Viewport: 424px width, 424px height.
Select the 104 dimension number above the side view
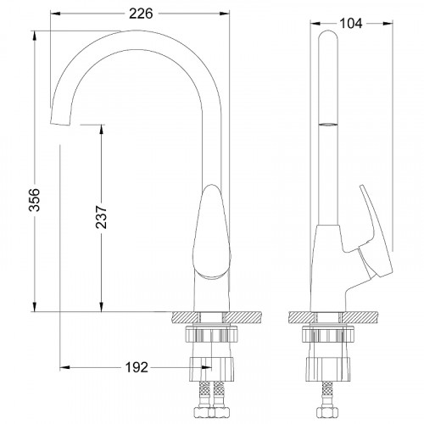349,24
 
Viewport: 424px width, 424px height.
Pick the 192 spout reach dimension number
136,367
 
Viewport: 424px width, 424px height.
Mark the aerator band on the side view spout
326,125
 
